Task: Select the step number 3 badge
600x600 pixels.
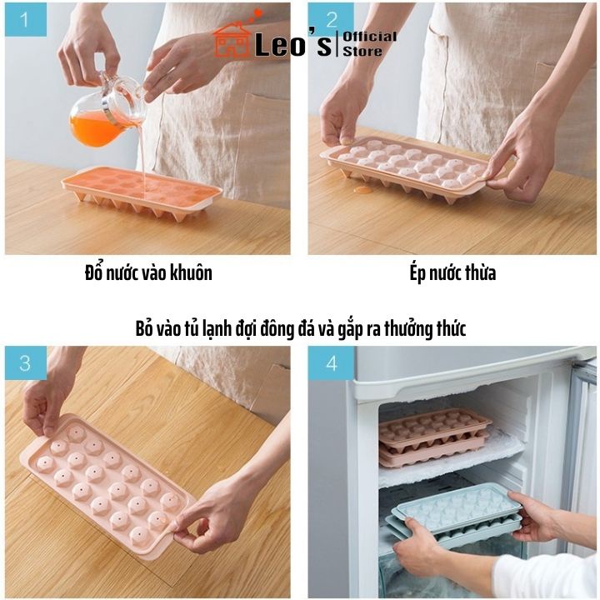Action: pyautogui.click(x=24, y=363)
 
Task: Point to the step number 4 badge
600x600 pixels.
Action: pyautogui.click(x=330, y=363)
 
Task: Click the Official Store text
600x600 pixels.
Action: pyautogui.click(x=369, y=43)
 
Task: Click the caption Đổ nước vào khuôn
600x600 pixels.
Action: pyautogui.click(x=148, y=273)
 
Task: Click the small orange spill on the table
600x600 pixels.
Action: pyautogui.click(x=362, y=189)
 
